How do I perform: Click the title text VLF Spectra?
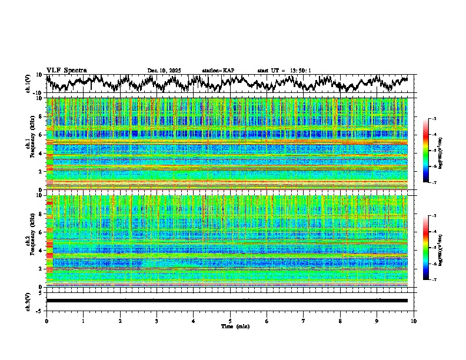tap(66, 70)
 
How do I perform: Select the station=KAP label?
tap(218, 71)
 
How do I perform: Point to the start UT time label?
tap(284, 71)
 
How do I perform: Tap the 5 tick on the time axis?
tap(230, 321)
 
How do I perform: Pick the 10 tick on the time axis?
tap(414, 321)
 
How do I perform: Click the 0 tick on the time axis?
tap(46, 321)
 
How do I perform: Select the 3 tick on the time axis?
tap(157, 321)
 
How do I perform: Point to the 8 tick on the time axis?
tap(340, 321)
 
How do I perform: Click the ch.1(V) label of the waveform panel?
tap(28, 84)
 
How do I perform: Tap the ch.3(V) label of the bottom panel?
tap(28, 301)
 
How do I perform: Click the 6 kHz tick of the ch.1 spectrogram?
tap(39, 135)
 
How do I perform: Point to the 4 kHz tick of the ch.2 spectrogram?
tap(39, 251)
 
